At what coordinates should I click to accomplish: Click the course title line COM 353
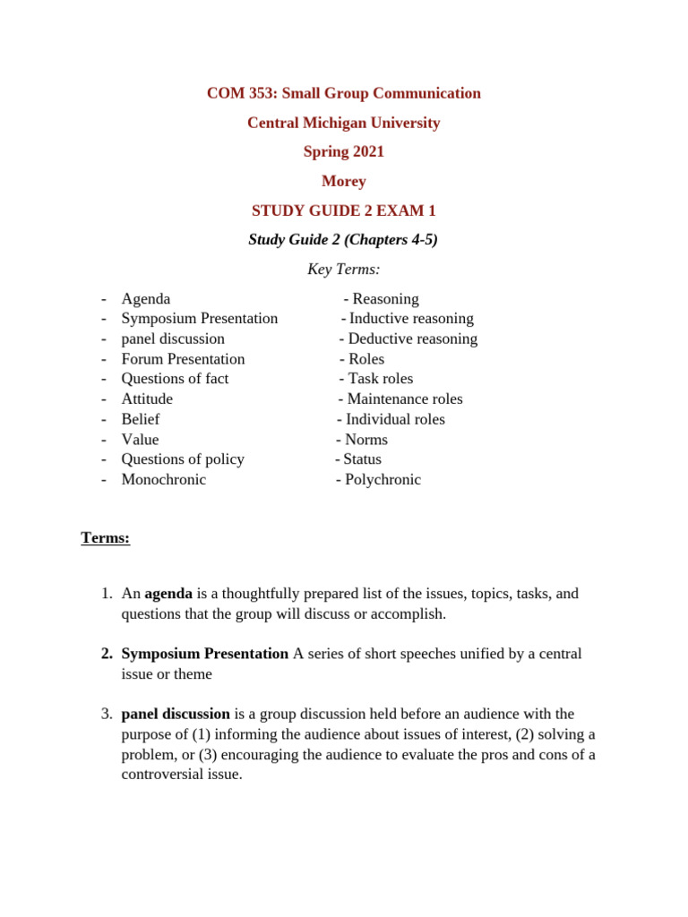click(343, 93)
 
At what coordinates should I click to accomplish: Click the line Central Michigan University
click(343, 123)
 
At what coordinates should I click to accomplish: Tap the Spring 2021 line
click(343, 151)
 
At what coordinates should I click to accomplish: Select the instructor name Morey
click(343, 181)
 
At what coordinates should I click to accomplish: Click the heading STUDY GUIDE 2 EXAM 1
click(343, 210)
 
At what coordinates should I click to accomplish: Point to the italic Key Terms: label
click(343, 269)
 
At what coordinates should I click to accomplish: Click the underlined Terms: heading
click(105, 537)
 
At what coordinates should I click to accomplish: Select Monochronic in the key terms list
click(163, 479)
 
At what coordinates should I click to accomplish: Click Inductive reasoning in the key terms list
click(411, 318)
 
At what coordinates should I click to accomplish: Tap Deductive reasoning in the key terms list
click(412, 339)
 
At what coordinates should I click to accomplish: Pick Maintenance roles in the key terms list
click(405, 399)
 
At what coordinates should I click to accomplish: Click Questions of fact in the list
click(175, 379)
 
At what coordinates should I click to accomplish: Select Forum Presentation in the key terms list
click(183, 359)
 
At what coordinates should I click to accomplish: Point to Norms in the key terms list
click(366, 440)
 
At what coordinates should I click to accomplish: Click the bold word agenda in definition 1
click(168, 594)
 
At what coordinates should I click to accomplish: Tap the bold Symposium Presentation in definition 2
click(204, 654)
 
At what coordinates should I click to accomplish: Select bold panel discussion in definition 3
click(176, 714)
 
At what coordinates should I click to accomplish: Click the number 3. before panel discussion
click(106, 714)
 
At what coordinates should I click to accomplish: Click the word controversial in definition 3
click(168, 774)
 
